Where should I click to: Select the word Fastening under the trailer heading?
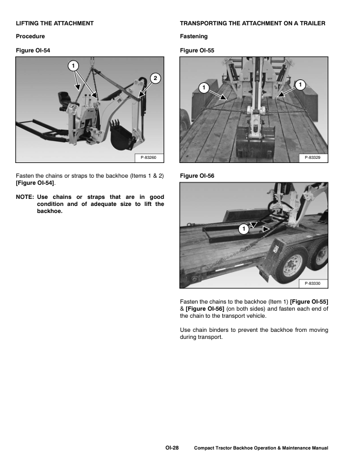pyautogui.click(x=193, y=36)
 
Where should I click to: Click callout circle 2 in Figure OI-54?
pyautogui.click(x=155, y=78)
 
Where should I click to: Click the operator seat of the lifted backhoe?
pyautogui.click(x=63, y=97)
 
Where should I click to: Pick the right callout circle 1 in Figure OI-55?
pyautogui.click(x=301, y=85)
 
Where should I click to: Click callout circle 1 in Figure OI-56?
pyautogui.click(x=243, y=228)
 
